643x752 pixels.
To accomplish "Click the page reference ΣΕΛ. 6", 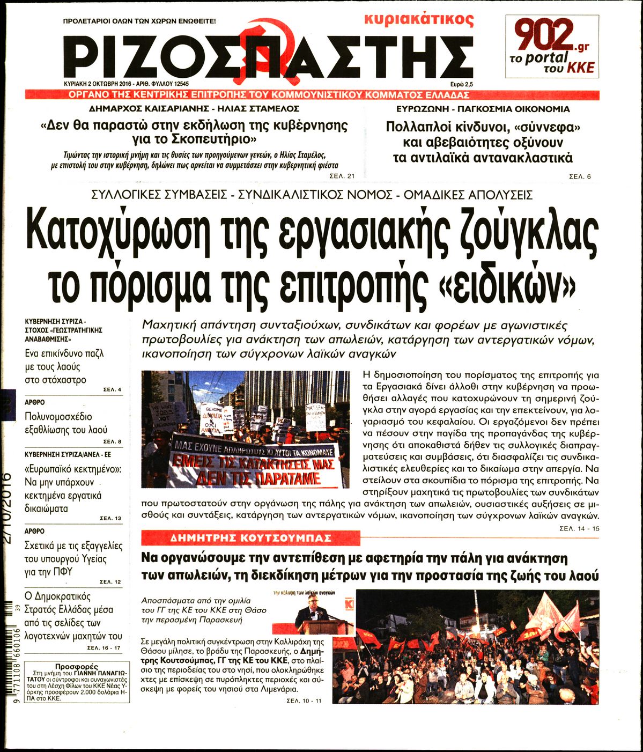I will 580,176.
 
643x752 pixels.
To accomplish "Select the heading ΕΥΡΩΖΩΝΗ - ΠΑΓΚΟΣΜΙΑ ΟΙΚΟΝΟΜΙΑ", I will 479,109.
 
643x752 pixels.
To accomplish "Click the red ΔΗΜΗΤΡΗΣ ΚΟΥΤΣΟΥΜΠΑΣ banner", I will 250,538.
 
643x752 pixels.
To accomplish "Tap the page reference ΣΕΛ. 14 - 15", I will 579,529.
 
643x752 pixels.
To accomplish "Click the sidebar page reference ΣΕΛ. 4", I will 112,389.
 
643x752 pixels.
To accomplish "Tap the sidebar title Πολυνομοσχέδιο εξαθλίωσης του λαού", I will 66,423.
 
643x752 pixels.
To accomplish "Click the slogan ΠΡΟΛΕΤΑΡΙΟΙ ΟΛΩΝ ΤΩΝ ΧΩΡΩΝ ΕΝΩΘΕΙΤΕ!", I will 139,23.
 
